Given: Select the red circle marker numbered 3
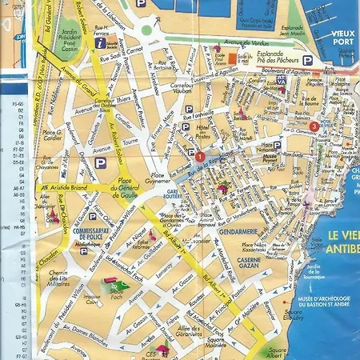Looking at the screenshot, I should tap(314, 126).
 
